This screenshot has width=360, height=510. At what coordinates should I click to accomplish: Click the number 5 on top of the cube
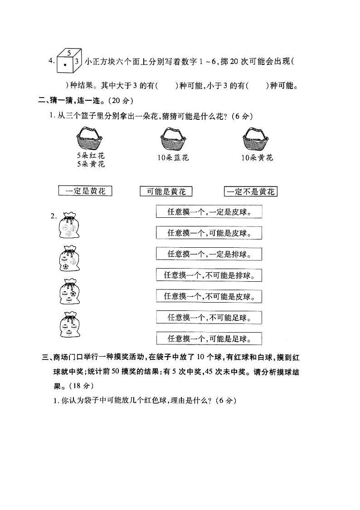(68, 53)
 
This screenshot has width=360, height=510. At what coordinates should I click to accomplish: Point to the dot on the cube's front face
(65, 65)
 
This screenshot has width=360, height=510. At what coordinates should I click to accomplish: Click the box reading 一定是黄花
(85, 191)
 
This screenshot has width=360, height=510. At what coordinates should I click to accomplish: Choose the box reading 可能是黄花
(166, 191)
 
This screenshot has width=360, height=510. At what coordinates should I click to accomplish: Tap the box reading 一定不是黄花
(251, 191)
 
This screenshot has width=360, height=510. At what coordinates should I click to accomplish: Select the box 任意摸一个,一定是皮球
(209, 212)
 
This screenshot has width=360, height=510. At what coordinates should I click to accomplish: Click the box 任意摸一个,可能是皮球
(209, 233)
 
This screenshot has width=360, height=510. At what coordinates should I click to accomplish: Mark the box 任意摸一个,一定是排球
(209, 254)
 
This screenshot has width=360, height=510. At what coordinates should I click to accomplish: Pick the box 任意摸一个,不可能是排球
(209, 275)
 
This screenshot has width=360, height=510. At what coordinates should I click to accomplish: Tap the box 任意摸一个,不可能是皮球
(209, 296)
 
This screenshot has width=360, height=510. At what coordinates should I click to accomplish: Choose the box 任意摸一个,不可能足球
(209, 317)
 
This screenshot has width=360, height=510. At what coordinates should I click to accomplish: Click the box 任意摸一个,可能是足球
(209, 338)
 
